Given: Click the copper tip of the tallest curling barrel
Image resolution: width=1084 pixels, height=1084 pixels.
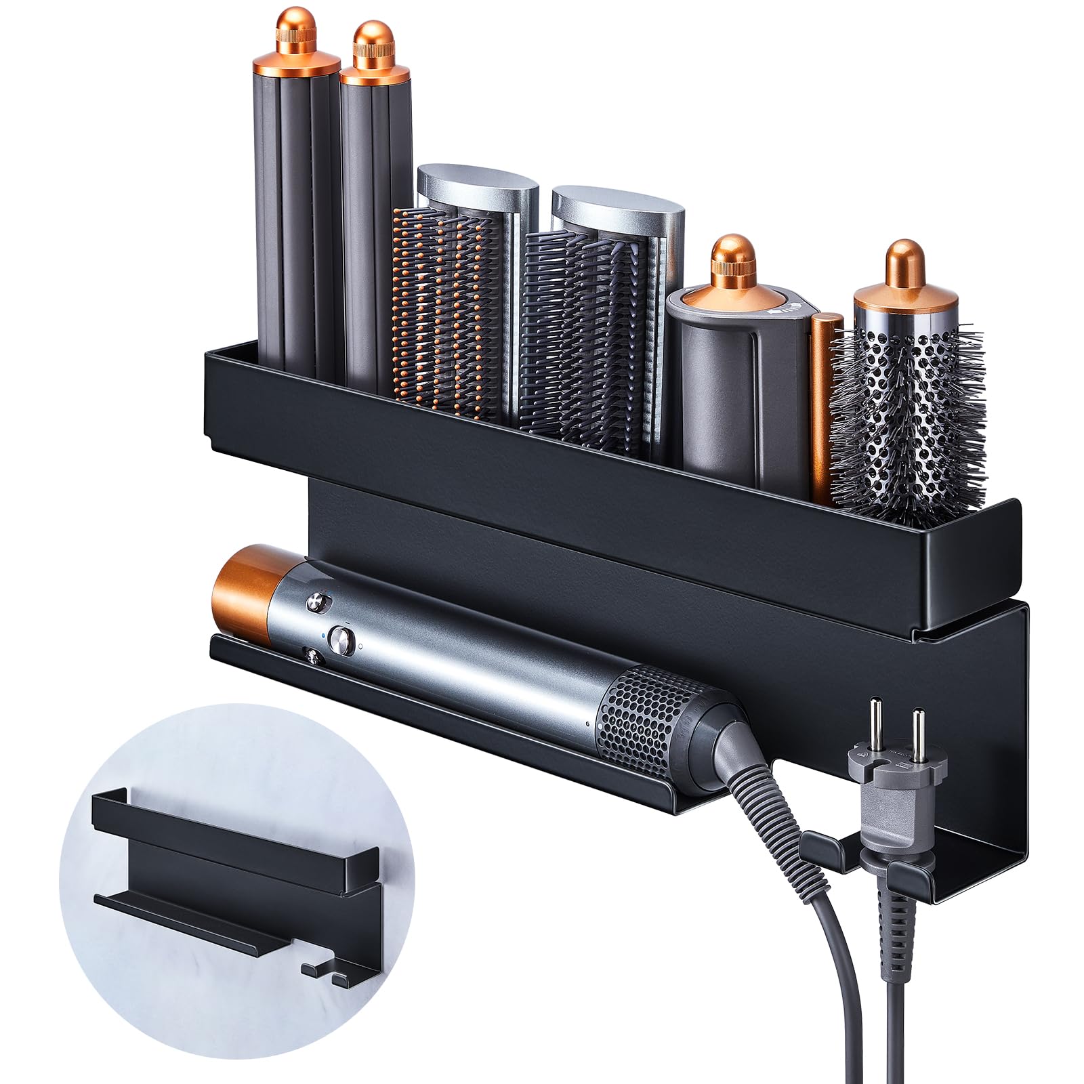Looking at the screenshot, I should [x=296, y=41].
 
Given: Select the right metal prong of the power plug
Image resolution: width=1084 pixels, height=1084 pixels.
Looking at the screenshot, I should [x=919, y=728].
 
